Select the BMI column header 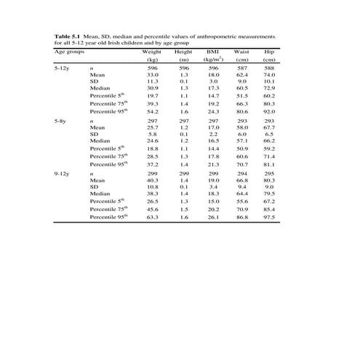tap(213, 52)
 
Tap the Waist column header tap(239, 52)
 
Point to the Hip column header tap(268, 52)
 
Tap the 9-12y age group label tap(63, 175)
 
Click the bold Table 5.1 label tap(69, 36)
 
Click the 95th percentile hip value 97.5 tap(269, 217)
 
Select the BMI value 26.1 tap(213, 217)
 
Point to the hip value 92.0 tap(269, 111)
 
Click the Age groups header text tap(71, 52)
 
